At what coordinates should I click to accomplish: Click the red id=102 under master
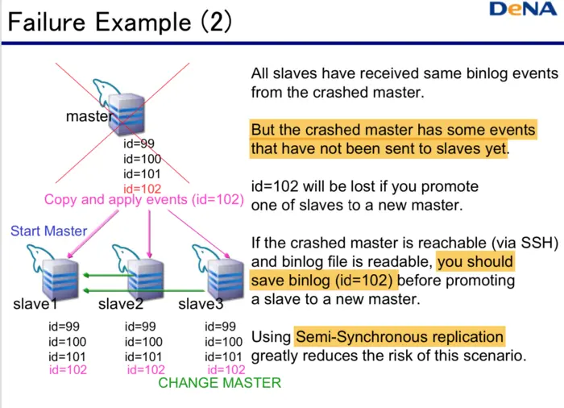[x=143, y=189]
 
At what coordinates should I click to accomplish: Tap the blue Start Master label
[x=48, y=231]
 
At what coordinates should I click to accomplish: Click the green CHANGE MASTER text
[x=219, y=382]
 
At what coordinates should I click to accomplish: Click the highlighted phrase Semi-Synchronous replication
[x=400, y=336]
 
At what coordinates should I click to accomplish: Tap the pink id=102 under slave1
[x=68, y=370]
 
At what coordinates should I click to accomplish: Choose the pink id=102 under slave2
[x=147, y=370]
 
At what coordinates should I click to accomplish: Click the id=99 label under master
[x=139, y=144]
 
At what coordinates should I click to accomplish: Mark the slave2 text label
[x=121, y=304]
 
